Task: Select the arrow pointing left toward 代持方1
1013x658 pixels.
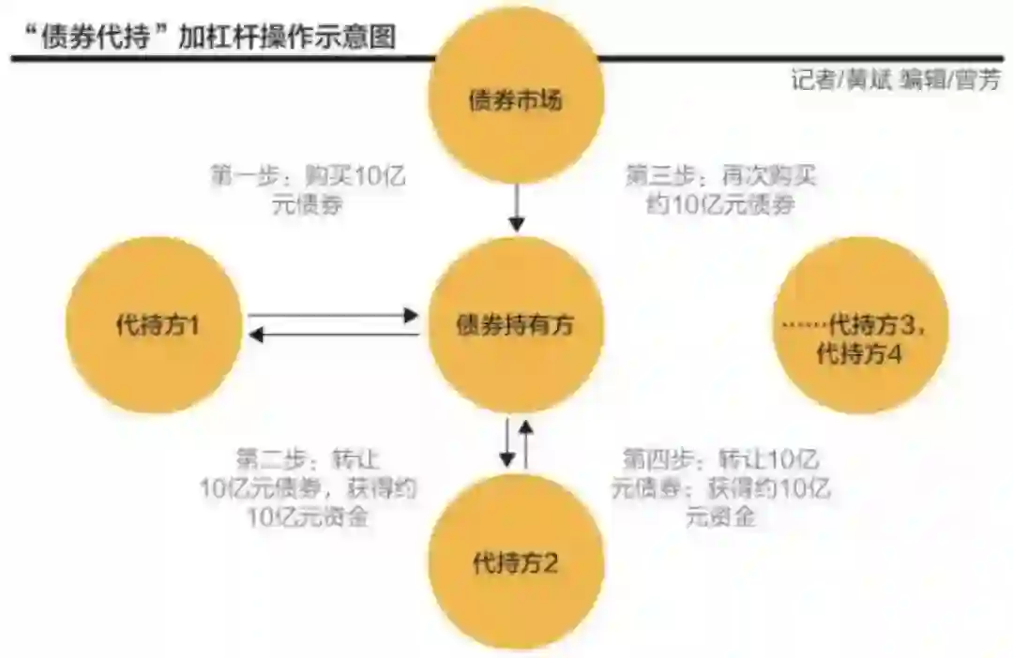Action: click(333, 335)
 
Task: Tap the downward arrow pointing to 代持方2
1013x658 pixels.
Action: click(507, 442)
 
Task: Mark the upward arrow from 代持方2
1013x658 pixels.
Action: click(526, 442)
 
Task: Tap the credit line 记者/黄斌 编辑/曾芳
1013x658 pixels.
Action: click(895, 81)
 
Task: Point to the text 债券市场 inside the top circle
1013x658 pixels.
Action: click(516, 99)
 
